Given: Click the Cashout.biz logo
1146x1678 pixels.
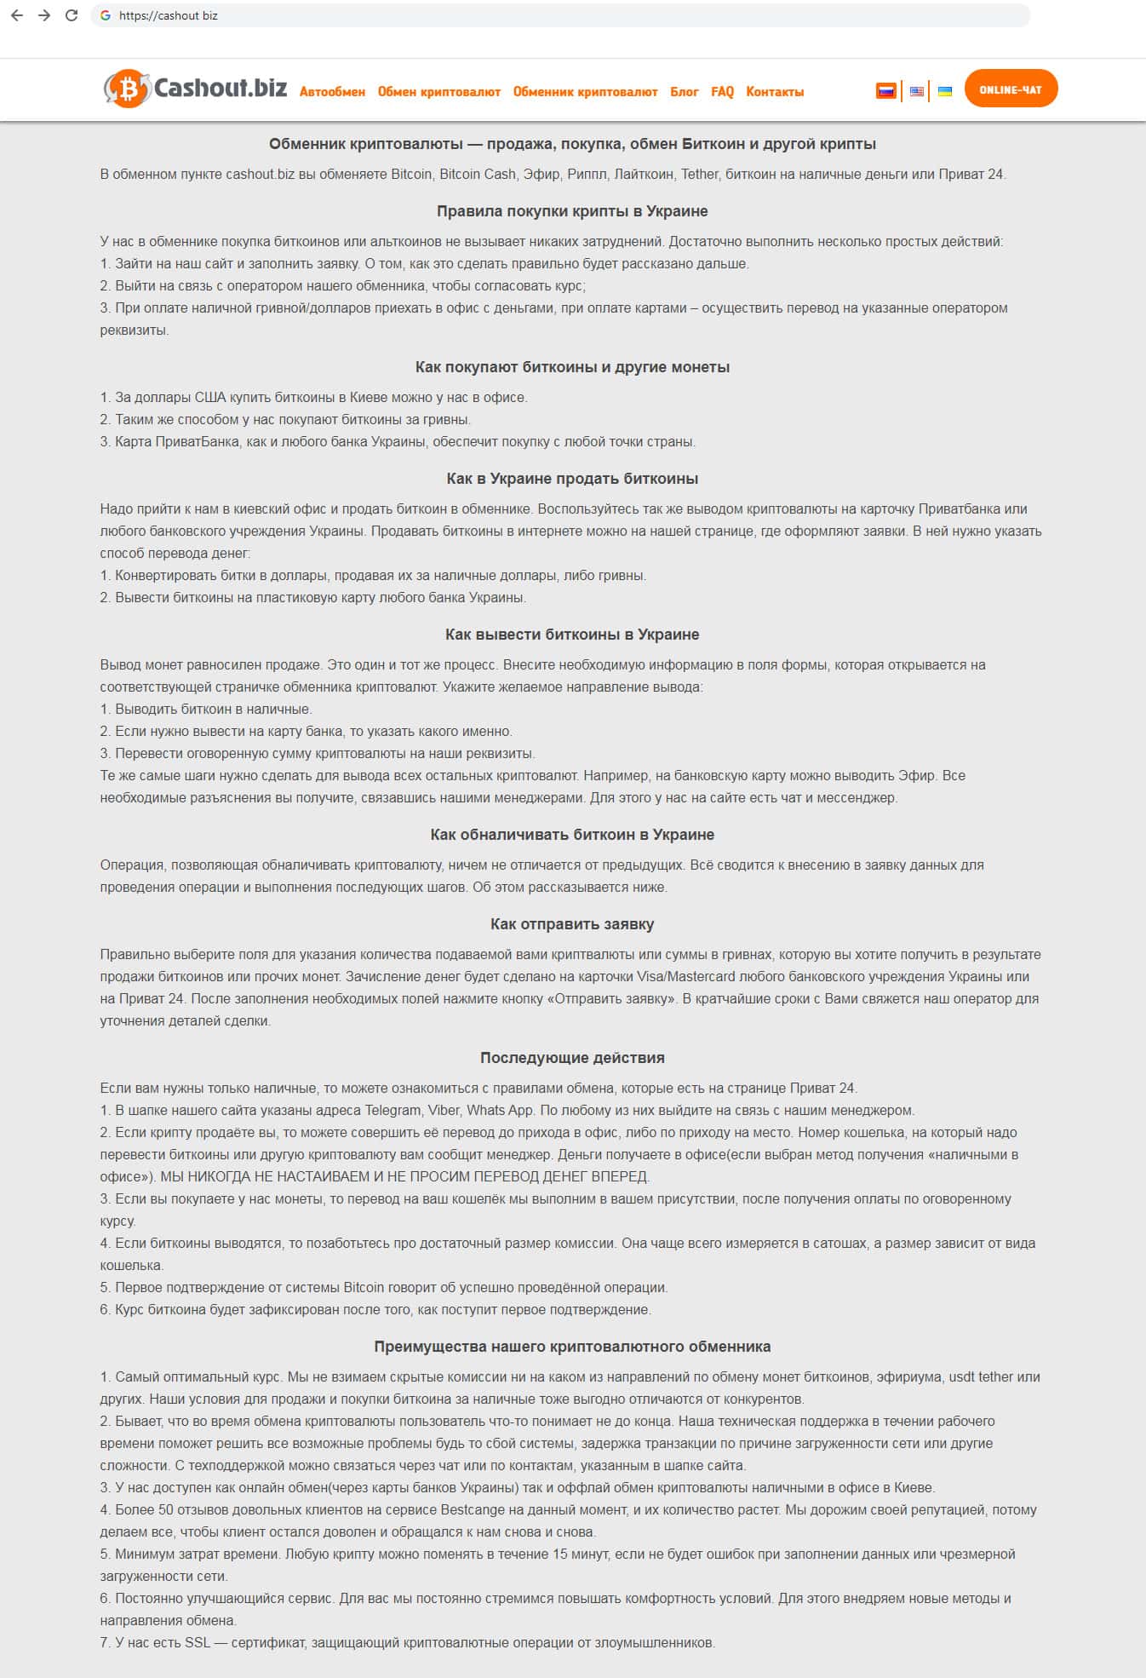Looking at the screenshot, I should click(x=195, y=89).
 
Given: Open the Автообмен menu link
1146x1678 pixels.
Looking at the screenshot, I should click(x=332, y=92).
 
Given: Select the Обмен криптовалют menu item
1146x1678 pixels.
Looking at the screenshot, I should click(x=438, y=92).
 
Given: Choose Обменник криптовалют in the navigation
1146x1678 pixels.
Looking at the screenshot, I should click(x=585, y=92).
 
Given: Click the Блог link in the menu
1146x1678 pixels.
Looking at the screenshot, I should click(x=684, y=92).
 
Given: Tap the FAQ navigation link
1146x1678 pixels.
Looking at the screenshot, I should click(x=722, y=92).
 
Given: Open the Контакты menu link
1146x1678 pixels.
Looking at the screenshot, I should click(x=775, y=92).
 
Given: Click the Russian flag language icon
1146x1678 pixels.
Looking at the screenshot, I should click(x=886, y=90).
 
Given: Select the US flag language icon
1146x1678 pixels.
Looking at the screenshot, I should click(x=916, y=91).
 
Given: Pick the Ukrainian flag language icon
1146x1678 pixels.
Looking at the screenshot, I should click(x=945, y=91).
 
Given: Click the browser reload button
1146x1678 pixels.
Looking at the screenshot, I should click(x=72, y=15).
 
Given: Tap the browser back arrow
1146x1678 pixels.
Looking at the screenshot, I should click(x=17, y=15).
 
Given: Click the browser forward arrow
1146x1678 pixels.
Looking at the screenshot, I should click(x=44, y=15).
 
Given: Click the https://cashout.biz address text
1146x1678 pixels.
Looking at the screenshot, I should click(x=169, y=15).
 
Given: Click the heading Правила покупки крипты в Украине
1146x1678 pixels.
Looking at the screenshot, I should click(x=572, y=211).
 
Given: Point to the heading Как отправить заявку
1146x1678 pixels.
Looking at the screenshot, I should click(x=572, y=924).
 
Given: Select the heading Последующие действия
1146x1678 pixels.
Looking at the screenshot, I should click(x=572, y=1058).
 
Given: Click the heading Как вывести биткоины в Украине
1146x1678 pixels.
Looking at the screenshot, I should click(x=572, y=635).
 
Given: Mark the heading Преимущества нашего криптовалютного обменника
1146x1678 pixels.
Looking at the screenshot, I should click(x=572, y=1347).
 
